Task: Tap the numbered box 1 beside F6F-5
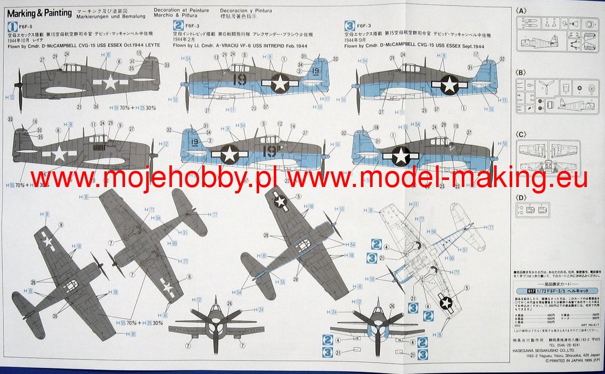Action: pyautogui.click(x=13, y=27)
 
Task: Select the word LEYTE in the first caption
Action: pyautogui.click(x=150, y=45)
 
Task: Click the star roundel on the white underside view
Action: pyautogui.click(x=446, y=302)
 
